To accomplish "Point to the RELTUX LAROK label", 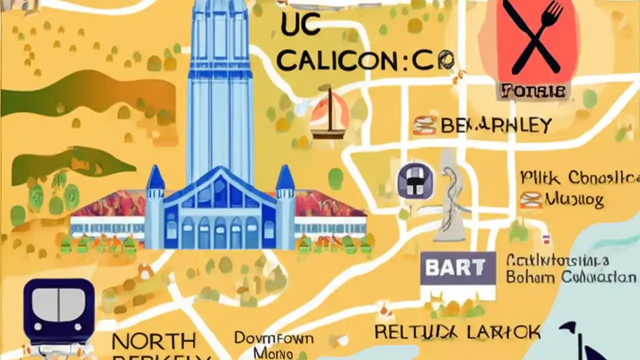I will (457, 331).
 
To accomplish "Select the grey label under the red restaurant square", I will (533, 91).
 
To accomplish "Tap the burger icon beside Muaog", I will (530, 200).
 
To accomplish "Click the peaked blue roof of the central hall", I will (220, 185).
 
